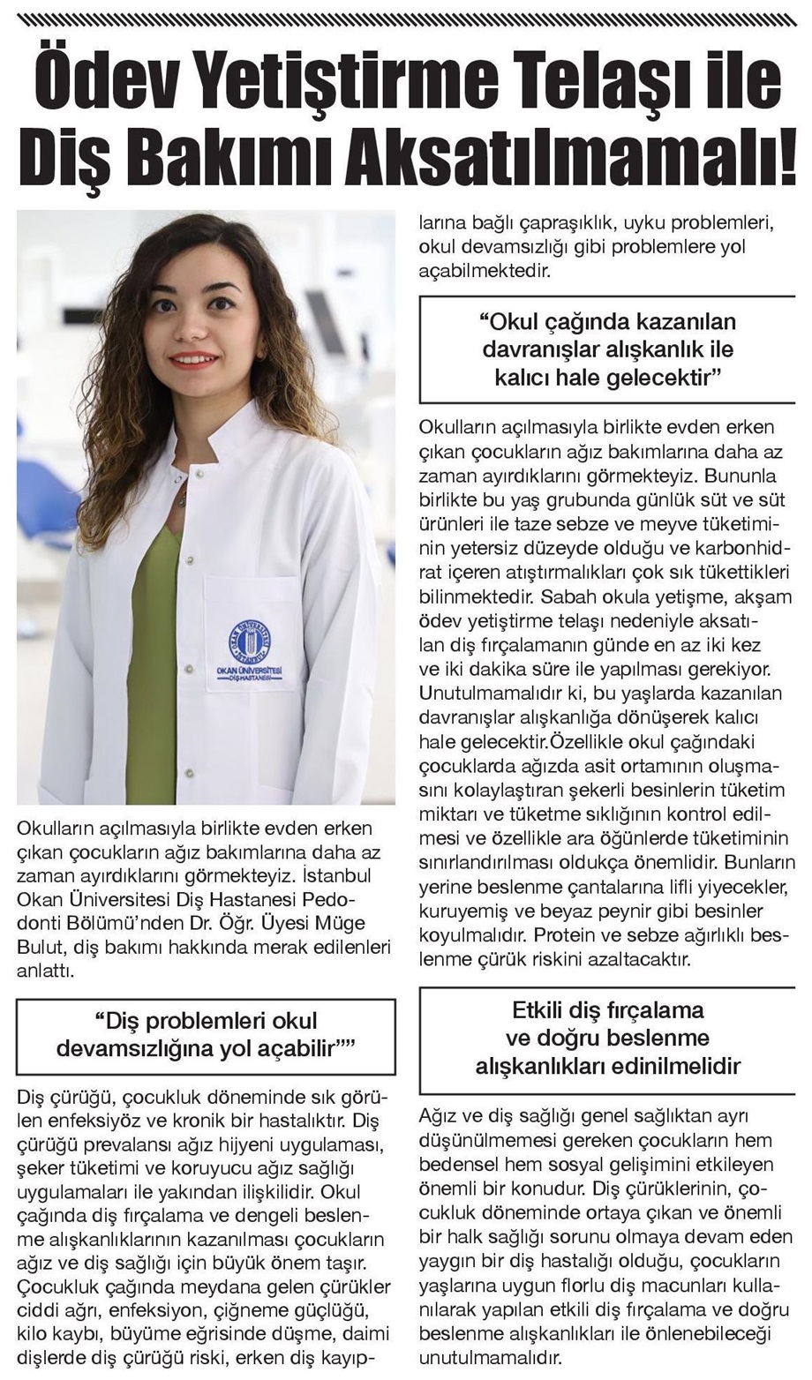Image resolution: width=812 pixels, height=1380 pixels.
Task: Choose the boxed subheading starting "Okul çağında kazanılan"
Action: point(608,349)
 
